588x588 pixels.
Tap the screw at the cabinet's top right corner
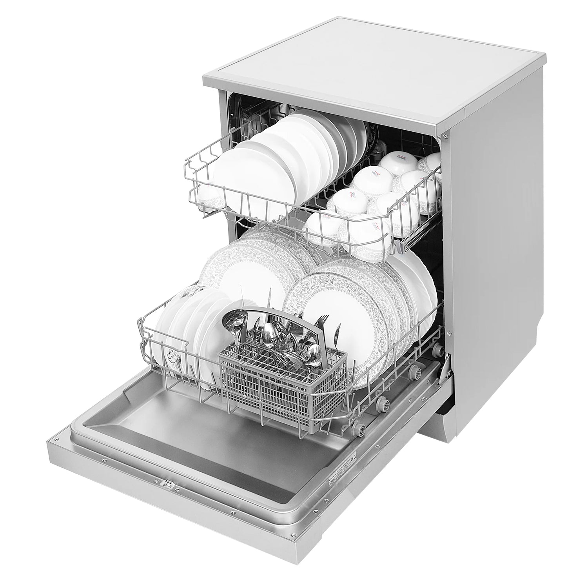point(446,136)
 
